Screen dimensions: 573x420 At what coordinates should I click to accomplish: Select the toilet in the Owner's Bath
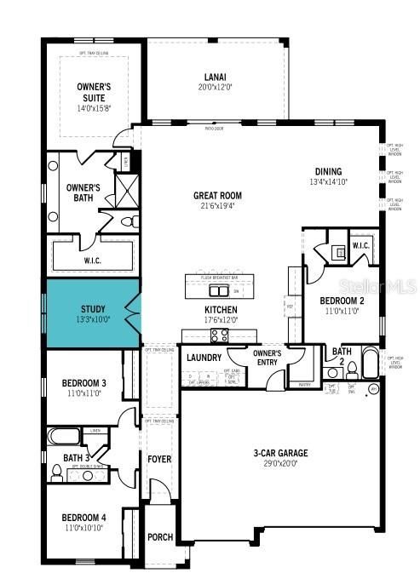coord(128,221)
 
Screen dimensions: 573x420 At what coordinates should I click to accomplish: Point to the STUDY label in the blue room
coord(93,310)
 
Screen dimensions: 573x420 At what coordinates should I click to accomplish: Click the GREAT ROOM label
coord(217,195)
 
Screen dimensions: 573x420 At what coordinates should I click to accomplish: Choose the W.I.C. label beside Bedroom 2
coord(360,247)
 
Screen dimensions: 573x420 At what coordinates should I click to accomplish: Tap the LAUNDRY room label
coord(204,358)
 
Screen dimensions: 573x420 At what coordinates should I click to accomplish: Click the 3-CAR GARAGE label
coord(280,453)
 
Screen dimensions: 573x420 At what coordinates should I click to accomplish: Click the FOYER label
coord(159,459)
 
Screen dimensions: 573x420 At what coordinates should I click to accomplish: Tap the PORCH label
coord(160,537)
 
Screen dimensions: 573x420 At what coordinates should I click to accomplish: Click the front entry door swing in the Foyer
coord(158,490)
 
